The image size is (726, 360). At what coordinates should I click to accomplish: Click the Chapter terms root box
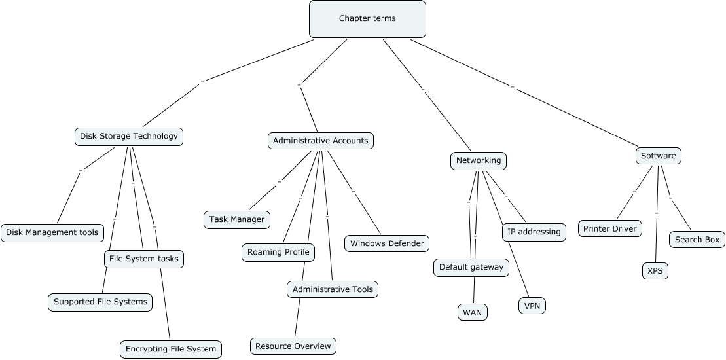pos(367,19)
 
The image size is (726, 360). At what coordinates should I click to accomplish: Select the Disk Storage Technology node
pos(129,137)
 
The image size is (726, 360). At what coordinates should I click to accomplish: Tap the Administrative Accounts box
pos(321,141)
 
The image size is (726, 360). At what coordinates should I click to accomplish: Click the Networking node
pos(479,160)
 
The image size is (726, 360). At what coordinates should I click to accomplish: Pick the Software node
pos(658,156)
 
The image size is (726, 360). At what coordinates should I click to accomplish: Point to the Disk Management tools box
pos(52,232)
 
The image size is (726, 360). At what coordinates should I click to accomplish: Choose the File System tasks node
pos(143,259)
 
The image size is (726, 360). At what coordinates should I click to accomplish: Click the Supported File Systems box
pos(101,302)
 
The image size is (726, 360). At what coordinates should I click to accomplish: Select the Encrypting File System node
pos(171,349)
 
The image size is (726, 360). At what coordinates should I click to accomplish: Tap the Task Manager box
pos(237,219)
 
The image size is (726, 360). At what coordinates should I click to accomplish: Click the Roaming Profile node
pos(278,252)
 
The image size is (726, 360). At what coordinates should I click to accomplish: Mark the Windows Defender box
pos(387,243)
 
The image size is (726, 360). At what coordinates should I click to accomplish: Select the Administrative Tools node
pos(333,289)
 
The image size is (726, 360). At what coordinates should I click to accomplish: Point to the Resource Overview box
pos(293,346)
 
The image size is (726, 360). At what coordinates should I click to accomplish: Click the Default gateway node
pos(471,267)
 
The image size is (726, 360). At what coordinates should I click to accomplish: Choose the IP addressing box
pos(534,232)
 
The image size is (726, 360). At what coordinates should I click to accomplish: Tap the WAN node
pos(472,312)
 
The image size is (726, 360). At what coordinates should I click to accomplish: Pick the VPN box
pos(532,306)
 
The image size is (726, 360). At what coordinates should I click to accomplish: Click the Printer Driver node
pos(610,228)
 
